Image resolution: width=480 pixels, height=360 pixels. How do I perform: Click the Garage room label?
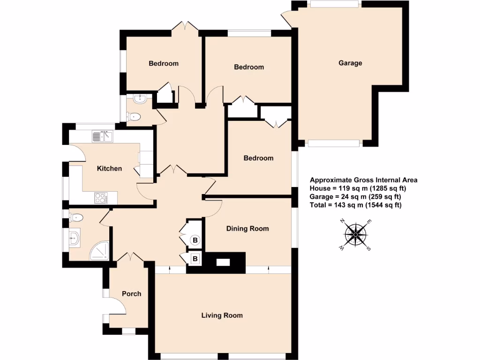point(350,63)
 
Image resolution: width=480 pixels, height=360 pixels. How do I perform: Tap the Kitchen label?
point(109,168)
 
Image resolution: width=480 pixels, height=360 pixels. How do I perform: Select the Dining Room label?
point(247,229)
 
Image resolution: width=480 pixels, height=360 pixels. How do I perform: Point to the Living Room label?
point(222,315)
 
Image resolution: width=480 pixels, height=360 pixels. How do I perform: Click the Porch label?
point(131,294)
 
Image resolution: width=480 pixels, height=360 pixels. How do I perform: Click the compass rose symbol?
point(356,234)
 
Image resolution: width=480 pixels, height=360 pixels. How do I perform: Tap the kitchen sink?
point(102,136)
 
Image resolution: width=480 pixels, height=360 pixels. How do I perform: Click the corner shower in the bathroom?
point(100,251)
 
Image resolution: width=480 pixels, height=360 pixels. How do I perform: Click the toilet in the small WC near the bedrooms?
point(135,117)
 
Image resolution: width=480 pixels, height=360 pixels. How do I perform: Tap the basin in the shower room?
point(75,238)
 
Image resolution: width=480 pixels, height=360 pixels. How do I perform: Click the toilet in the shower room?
point(77,217)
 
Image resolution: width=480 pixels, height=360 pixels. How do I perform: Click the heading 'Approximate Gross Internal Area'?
point(363,180)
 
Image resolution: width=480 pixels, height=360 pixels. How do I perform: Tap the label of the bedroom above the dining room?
point(258,158)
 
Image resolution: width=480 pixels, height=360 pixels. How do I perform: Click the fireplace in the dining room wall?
point(224,262)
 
